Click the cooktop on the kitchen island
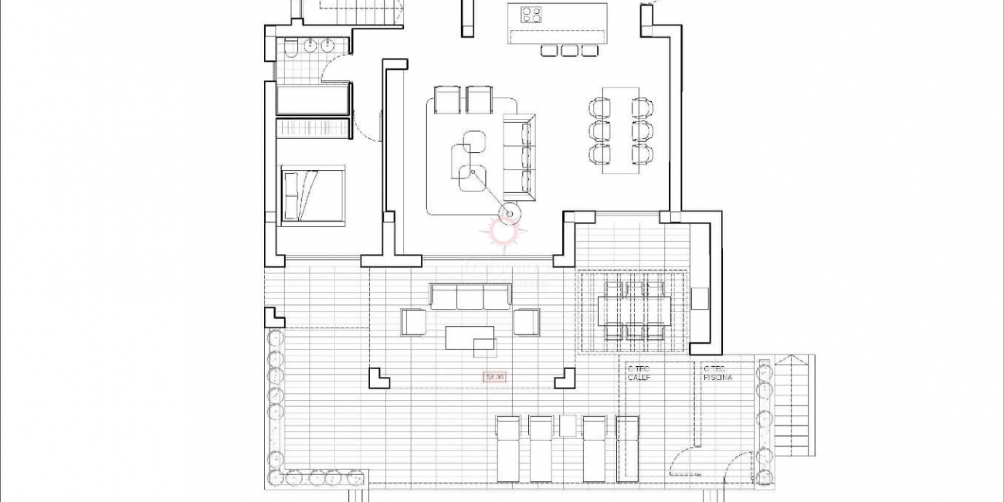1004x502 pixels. point(531,15)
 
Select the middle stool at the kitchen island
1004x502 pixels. point(569,50)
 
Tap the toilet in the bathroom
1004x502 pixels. point(290,49)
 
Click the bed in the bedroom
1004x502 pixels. point(312,195)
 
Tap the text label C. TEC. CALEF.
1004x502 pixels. point(639,374)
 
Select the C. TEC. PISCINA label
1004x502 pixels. point(717,374)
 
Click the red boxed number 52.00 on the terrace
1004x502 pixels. point(494,377)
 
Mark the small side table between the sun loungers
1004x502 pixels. point(568,426)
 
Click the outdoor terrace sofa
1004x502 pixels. point(470,296)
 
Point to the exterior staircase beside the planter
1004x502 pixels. point(793,405)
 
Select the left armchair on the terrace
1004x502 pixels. point(413,322)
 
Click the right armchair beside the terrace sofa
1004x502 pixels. point(526,322)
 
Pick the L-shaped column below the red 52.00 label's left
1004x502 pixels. point(378,378)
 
